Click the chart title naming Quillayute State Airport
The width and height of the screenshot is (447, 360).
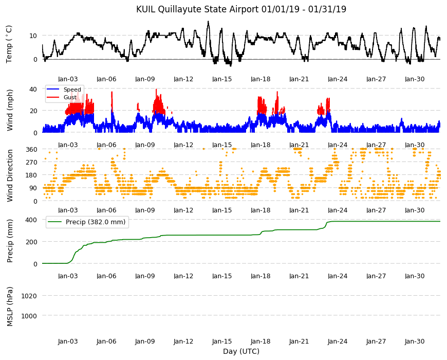pos(241,9)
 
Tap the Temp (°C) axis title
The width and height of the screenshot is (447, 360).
pos(9,44)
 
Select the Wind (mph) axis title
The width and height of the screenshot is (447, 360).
pos(10,111)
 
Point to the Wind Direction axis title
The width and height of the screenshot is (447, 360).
pos(10,175)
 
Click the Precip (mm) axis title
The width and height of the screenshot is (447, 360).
pos(10,241)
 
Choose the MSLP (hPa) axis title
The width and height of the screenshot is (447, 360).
pos(10,307)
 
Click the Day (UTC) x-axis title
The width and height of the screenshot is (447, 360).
pos(241,351)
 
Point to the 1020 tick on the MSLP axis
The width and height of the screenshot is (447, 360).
pos(29,296)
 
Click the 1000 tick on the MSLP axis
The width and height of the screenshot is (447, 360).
pos(29,316)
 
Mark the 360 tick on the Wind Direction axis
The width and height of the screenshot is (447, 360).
pos(31,149)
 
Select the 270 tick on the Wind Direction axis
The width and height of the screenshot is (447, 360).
pos(31,163)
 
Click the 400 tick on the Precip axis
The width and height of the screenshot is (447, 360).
pos(31,220)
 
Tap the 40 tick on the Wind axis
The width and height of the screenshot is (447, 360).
pos(33,89)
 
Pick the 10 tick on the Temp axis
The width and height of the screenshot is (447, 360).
pos(33,35)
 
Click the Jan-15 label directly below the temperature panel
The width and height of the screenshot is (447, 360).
pos(222,79)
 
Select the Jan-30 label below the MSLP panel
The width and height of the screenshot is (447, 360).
pos(415,341)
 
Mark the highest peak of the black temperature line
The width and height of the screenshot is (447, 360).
pos(209,22)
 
